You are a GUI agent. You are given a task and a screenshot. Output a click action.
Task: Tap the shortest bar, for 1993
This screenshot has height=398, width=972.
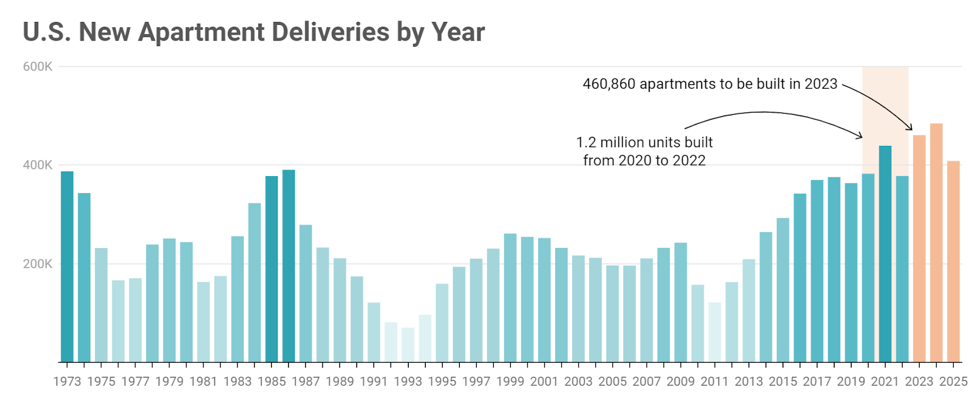coord(408,345)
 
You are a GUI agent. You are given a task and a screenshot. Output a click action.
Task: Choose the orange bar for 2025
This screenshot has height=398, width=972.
coord(953,261)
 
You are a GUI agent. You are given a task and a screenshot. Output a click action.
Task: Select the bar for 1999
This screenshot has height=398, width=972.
coord(510,298)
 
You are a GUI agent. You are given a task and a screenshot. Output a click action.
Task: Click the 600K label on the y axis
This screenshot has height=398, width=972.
coord(38,67)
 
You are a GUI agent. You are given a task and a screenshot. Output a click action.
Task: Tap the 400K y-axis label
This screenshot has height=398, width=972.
coord(38,165)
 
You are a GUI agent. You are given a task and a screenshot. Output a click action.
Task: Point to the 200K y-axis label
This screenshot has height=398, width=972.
coord(38,264)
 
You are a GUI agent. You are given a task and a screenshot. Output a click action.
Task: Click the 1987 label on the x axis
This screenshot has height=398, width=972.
coord(306,382)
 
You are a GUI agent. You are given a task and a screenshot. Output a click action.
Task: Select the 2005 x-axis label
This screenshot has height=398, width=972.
coord(612,382)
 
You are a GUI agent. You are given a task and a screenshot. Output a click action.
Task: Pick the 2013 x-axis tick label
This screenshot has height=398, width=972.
coord(748,382)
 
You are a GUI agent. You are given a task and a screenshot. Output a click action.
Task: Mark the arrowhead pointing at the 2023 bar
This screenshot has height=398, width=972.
coord(911,128)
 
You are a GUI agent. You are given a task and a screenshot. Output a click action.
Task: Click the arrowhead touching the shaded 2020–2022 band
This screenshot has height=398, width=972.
coord(860,137)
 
